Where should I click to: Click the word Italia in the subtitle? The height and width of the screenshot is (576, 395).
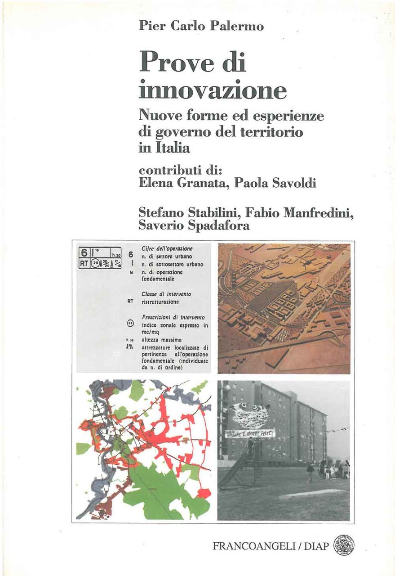click(172, 148)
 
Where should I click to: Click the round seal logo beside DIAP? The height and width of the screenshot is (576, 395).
click(343, 545)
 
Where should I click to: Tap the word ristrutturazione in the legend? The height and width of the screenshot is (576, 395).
click(160, 301)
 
